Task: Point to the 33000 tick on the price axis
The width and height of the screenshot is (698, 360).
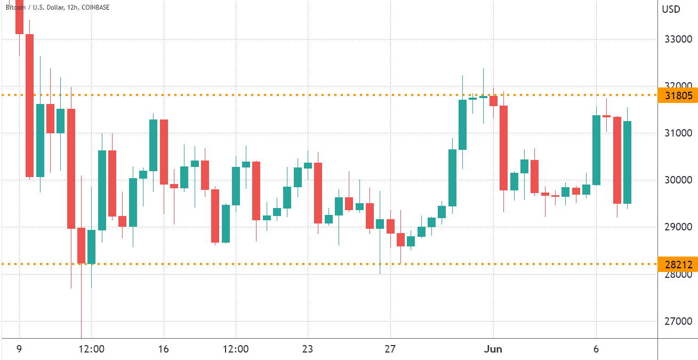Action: coord(677,39)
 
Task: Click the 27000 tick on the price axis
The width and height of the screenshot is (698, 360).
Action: coord(677,321)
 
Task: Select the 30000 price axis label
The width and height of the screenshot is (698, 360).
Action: coord(677,180)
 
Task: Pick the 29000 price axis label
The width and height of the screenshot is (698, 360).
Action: coord(677,227)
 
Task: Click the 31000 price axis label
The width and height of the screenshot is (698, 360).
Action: coord(677,133)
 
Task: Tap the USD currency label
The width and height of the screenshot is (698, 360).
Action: coord(670,9)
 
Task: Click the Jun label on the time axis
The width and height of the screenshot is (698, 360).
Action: coord(493,349)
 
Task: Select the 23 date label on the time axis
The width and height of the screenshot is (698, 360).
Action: coord(307,349)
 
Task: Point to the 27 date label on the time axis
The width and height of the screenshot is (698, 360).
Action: coord(391,349)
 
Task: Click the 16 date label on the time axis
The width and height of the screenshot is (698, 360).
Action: coord(164,349)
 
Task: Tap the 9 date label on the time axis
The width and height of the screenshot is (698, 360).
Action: coord(20,349)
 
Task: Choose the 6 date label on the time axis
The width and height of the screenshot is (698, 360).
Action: coord(596,349)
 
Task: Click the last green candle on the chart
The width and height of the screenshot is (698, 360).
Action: coord(628,162)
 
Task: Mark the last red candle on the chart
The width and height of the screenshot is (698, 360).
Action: coord(617,160)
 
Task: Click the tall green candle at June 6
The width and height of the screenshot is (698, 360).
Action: coord(596,150)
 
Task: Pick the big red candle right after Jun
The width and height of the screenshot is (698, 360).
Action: coord(503,148)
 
